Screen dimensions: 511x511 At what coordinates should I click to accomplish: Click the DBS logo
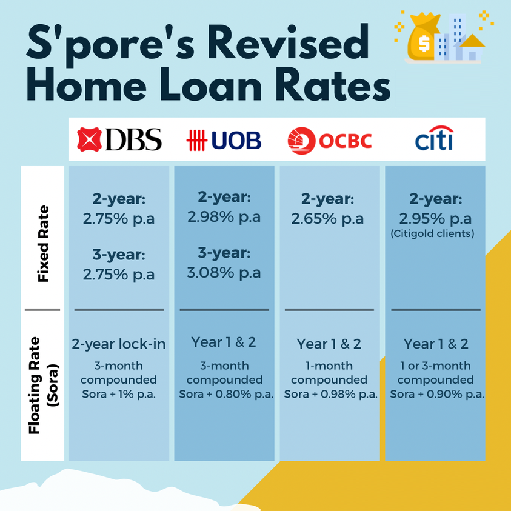[x=119, y=139]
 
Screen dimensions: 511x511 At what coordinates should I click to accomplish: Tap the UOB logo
[x=224, y=140]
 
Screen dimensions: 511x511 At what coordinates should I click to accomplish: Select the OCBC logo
[x=330, y=141]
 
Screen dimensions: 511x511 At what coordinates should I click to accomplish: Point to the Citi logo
[x=435, y=138]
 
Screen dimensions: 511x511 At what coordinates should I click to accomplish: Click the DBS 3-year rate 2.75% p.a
[x=119, y=275]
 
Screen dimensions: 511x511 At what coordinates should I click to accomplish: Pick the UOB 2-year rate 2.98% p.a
[x=224, y=217]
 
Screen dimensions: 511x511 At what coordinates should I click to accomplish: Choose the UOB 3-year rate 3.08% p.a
[x=224, y=272]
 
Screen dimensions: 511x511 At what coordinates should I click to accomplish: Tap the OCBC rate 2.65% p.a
[x=327, y=219]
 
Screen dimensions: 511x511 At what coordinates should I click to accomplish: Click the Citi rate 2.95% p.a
[x=435, y=219]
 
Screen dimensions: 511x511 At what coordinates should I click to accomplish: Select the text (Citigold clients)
[x=432, y=233]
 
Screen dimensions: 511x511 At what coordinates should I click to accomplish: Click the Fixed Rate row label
[x=43, y=244]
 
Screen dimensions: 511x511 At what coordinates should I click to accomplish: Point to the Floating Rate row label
[x=44, y=385]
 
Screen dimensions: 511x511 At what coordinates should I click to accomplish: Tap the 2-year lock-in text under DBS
[x=119, y=344]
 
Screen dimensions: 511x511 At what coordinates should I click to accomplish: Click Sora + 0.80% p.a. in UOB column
[x=226, y=395]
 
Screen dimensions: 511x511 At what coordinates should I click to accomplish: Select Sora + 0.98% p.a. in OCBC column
[x=331, y=395]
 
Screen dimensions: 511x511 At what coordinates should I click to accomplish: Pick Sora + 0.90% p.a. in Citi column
[x=437, y=395]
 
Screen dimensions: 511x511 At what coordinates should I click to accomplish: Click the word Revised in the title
[x=291, y=42]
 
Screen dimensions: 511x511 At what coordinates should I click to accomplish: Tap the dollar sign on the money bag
[x=424, y=44]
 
